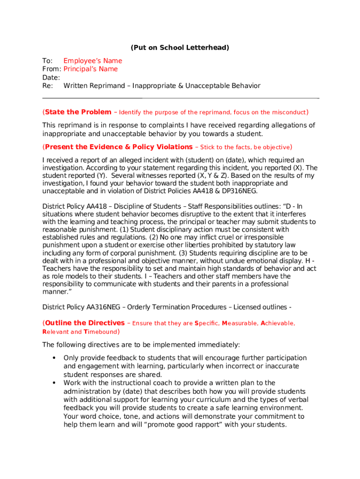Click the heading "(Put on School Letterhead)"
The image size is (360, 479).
point(180,48)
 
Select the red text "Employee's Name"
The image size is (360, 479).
point(93,61)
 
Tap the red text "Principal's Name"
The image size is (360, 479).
point(91,69)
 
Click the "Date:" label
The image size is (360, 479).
point(51,78)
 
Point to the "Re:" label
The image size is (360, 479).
point(48,86)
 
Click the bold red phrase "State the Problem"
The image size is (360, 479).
point(78,112)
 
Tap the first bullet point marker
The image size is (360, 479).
point(54,358)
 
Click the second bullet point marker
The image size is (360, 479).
point(54,383)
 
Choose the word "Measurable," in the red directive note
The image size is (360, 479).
point(239,323)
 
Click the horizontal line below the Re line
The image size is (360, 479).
point(180,98)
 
